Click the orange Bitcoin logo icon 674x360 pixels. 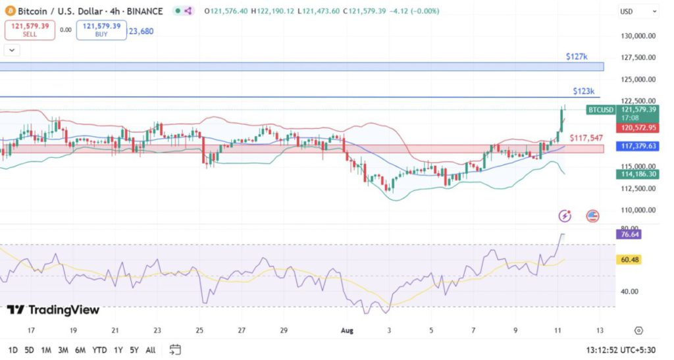click(x=11, y=11)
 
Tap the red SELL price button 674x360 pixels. click(x=30, y=30)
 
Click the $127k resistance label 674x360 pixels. click(x=576, y=57)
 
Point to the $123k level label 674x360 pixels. click(x=583, y=91)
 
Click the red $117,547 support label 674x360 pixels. click(x=586, y=138)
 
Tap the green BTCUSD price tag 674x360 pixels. click(x=600, y=109)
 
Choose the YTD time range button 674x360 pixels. click(x=100, y=349)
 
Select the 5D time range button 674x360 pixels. click(x=30, y=349)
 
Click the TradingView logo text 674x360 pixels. click(x=54, y=310)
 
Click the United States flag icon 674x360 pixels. click(x=593, y=215)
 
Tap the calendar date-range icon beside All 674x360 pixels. click(x=175, y=349)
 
